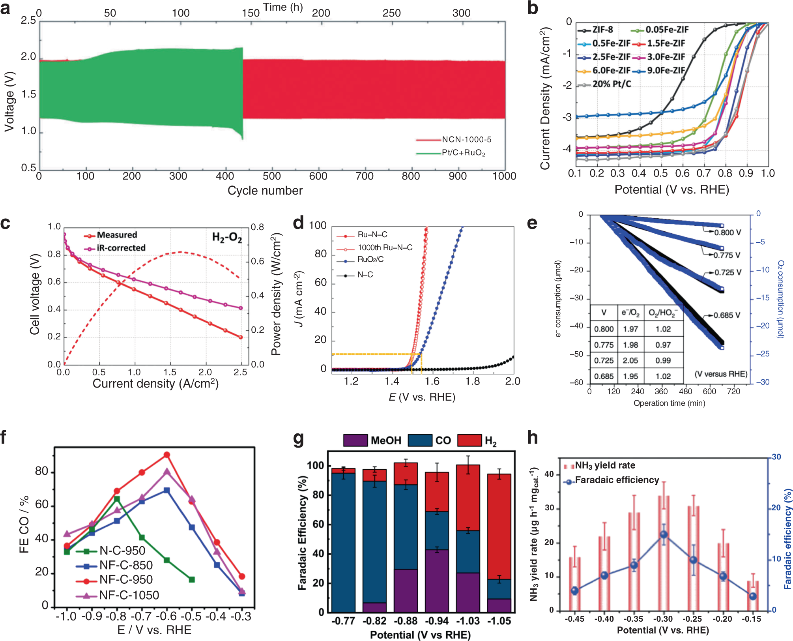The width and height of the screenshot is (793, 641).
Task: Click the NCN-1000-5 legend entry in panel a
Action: coord(466,139)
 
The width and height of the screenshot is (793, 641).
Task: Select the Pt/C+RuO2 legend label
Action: coord(463,153)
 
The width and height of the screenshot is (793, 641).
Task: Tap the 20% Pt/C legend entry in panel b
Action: coord(612,84)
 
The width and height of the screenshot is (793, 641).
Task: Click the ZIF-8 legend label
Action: coord(602,30)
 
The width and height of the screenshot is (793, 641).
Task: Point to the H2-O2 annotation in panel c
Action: coord(227,237)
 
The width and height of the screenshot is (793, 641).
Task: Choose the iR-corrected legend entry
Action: coord(121,248)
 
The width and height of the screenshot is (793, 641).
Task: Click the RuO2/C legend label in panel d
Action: coord(370,259)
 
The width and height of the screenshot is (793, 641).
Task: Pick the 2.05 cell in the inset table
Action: coord(630,360)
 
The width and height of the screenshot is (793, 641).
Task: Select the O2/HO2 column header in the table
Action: coord(663,313)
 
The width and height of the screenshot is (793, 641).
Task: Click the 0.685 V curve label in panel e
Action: coord(727,315)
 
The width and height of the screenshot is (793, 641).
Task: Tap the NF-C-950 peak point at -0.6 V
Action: coord(167,455)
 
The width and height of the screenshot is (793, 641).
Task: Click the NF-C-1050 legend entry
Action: coord(129,595)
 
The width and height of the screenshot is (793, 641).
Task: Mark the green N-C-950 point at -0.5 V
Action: coord(192,579)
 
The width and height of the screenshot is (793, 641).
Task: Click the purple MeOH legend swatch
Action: coord(355,440)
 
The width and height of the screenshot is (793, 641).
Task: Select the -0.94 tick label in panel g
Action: coord(437,621)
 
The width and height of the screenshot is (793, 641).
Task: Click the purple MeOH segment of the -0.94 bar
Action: coord(437,580)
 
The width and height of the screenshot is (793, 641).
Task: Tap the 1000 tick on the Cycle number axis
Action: coord(504,176)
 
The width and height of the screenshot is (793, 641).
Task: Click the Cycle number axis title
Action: coord(265,191)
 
